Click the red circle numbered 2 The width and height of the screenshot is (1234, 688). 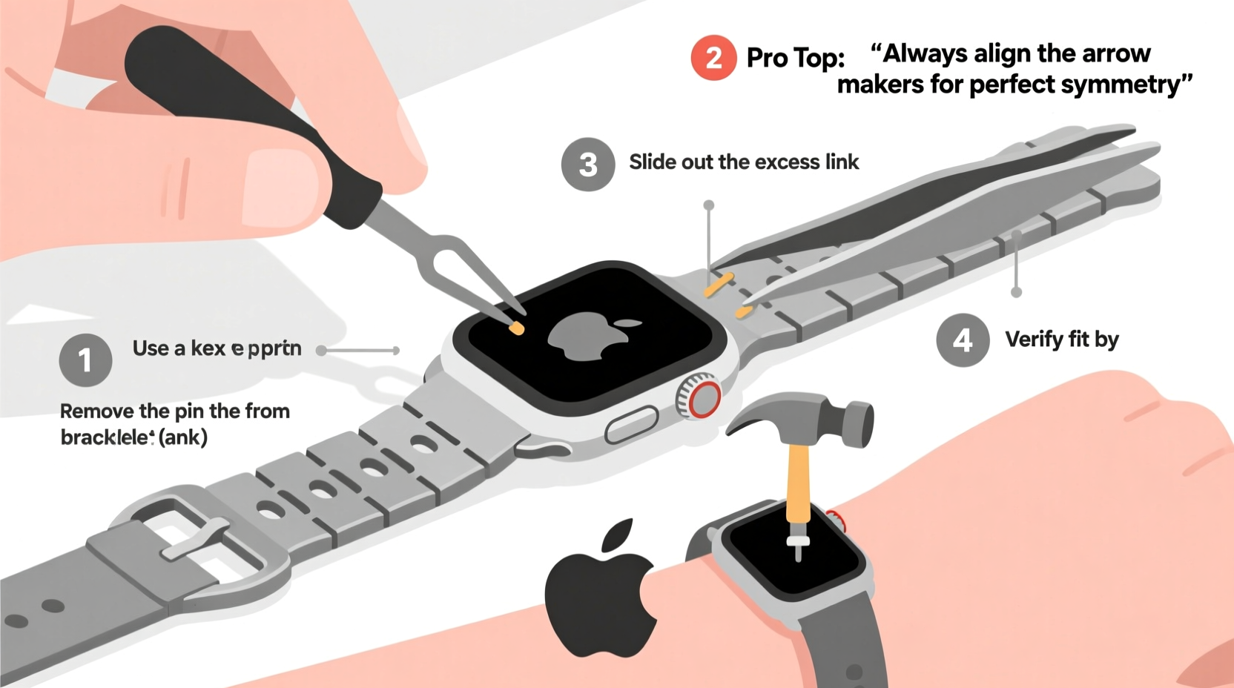click(x=713, y=58)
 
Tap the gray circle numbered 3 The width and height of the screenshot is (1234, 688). click(x=588, y=165)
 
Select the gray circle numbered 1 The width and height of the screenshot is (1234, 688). click(x=85, y=360)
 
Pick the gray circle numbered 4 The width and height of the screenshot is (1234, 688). click(x=963, y=340)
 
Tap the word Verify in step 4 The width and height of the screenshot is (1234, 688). click(x=1034, y=340)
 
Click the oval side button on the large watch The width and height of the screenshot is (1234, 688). click(x=631, y=425)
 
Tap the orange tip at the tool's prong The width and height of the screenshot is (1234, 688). click(x=516, y=327)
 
